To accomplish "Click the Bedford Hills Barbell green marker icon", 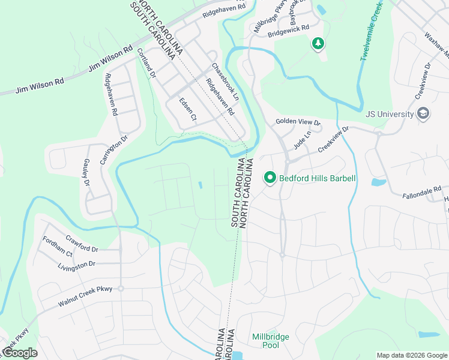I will [x=270, y=178].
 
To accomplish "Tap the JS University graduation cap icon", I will [x=424, y=114].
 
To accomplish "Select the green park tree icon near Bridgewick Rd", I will [x=318, y=43].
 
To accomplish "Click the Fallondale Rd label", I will [x=423, y=193].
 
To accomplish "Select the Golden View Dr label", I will [x=298, y=122].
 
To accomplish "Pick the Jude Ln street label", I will [x=302, y=140].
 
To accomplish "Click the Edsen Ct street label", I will [x=188, y=110].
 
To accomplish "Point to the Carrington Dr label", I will [x=114, y=149].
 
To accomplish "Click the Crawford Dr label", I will [x=82, y=244].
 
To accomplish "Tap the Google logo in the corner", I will [x=19, y=353].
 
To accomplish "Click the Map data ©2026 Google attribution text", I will [x=411, y=355].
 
